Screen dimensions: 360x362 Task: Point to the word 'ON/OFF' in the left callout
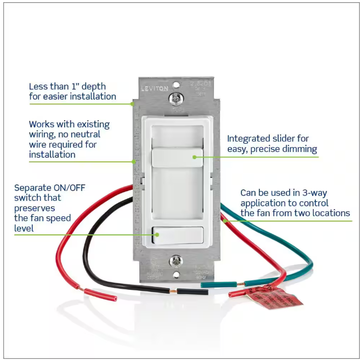tap(70, 187)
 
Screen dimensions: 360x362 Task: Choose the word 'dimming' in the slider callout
tap(301, 149)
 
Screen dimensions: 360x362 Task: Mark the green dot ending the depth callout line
tap(132, 103)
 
